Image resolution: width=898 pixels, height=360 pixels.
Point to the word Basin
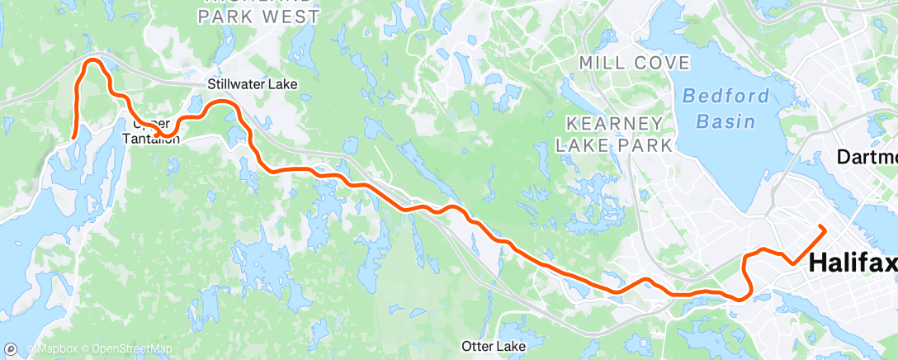725,121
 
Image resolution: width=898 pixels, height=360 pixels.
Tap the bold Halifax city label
853,263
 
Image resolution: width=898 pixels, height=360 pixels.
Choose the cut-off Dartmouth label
867,156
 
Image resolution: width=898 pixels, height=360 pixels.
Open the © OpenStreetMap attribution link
126,350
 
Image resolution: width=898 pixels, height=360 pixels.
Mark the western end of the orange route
73,138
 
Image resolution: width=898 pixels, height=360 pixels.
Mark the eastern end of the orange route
822,227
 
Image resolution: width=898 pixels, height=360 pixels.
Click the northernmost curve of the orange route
93,59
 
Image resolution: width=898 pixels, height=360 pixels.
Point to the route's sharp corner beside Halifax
793,263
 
